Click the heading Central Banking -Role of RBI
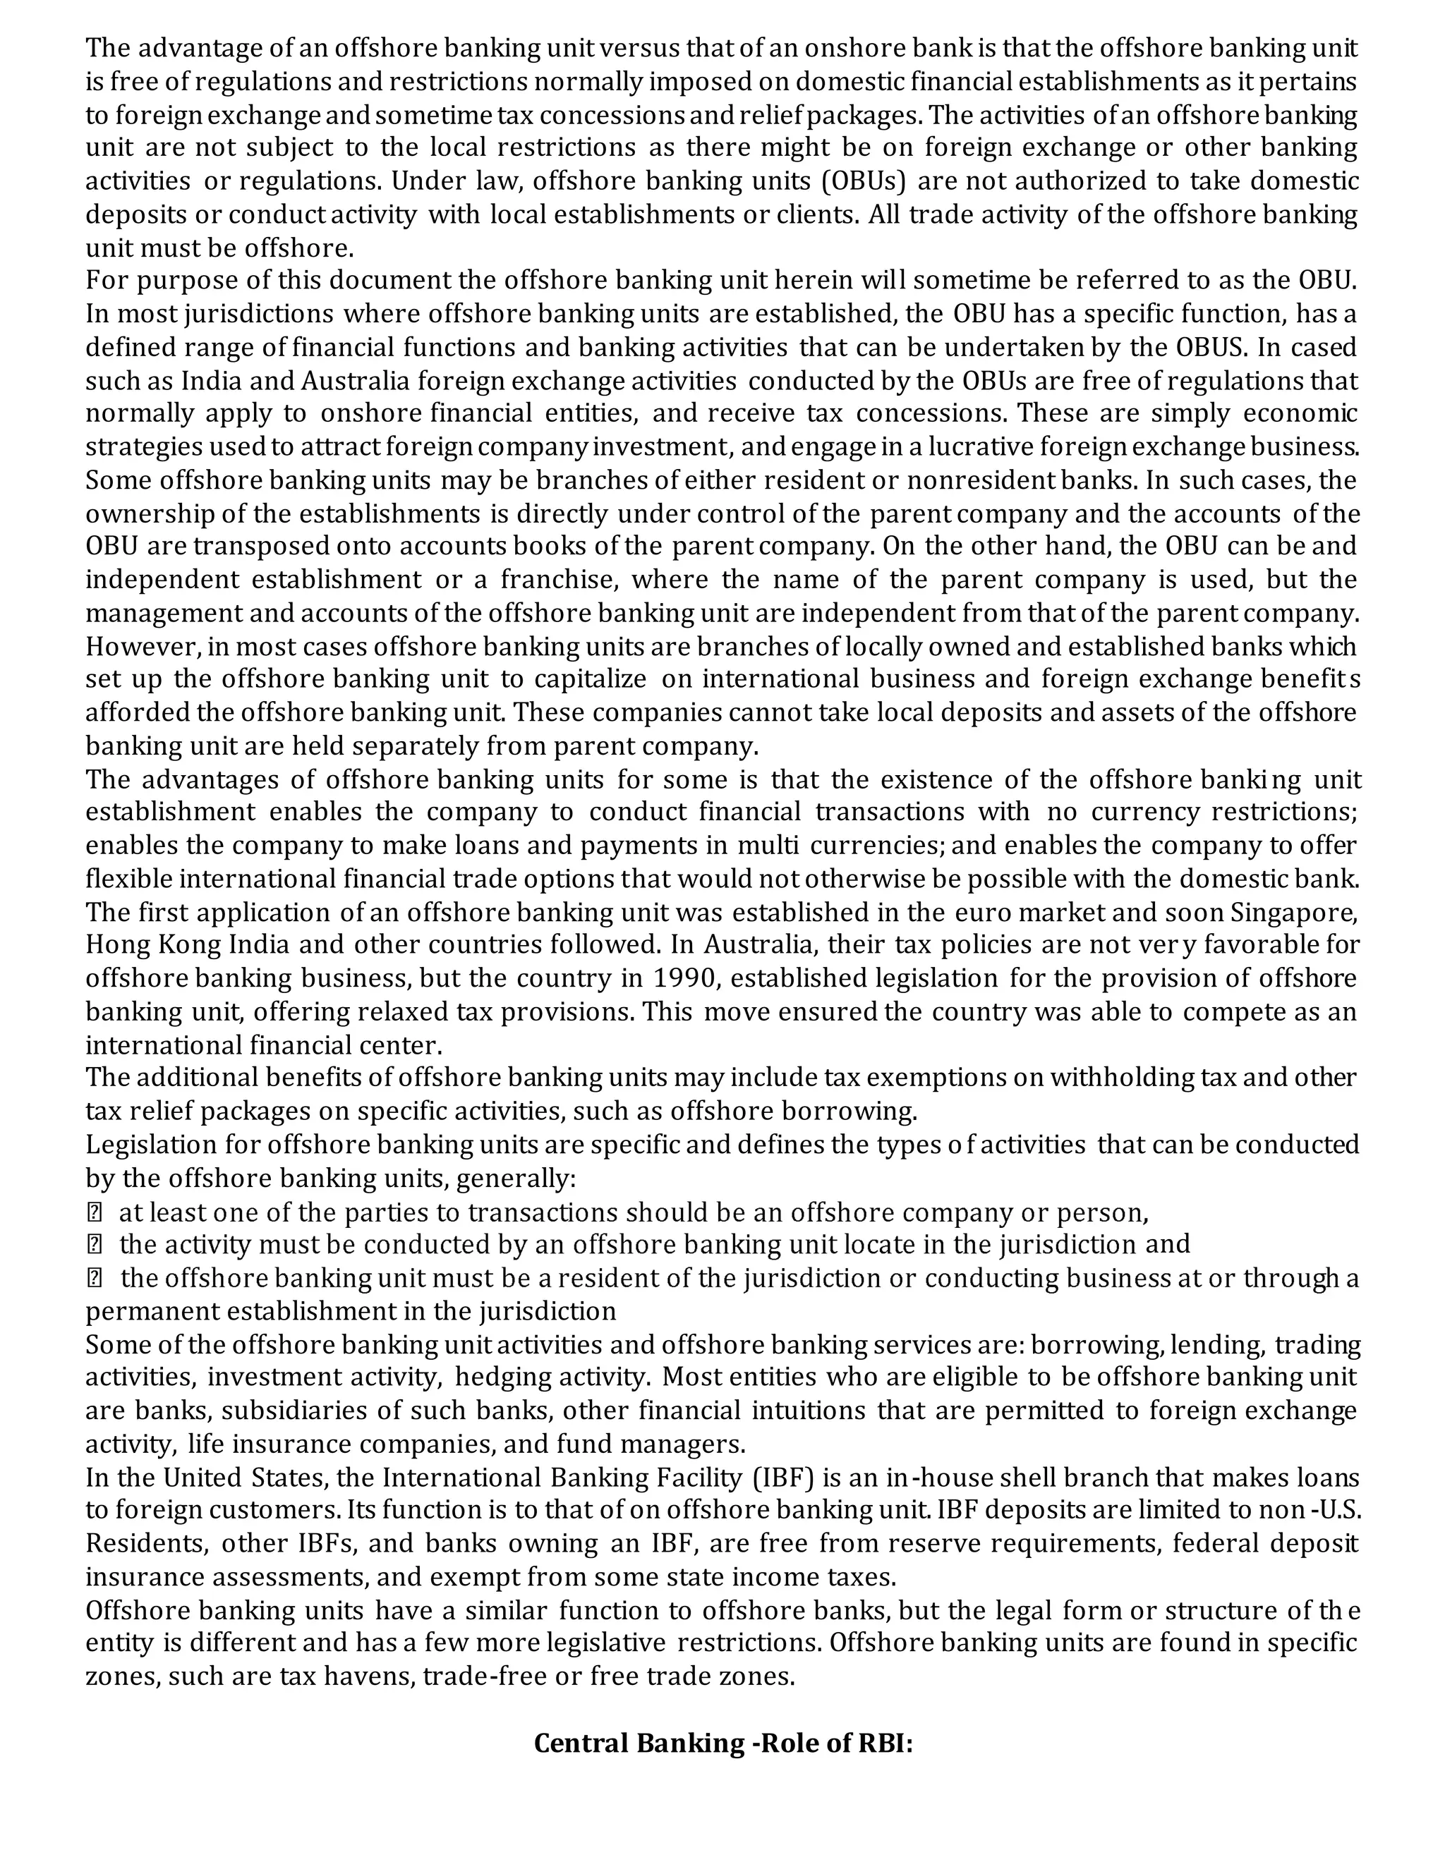(723, 1743)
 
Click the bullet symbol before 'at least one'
(94, 1212)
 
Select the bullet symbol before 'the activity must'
(94, 1245)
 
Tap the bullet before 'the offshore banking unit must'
(94, 1279)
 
